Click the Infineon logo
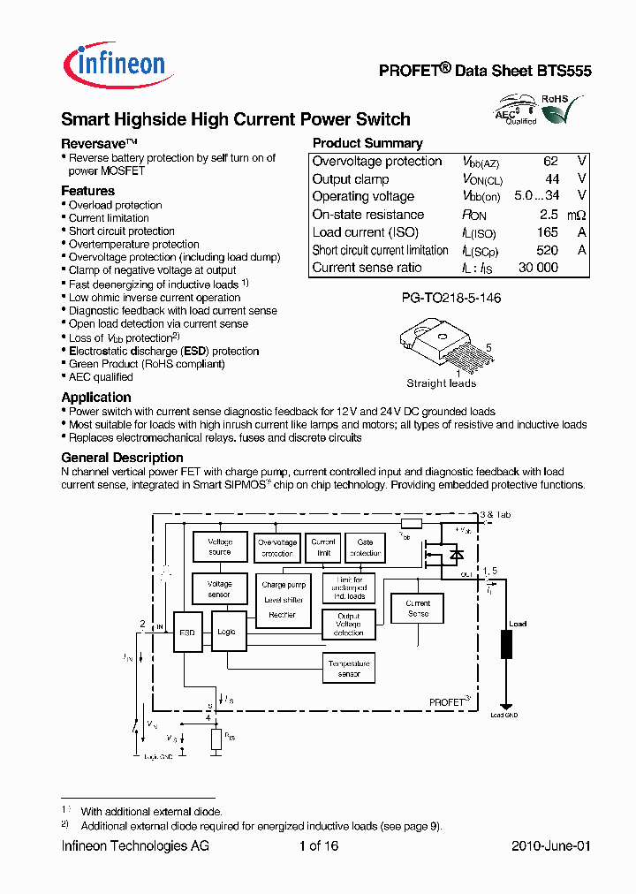tap(113, 64)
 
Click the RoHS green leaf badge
tap(556, 110)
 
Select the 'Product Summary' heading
tap(367, 143)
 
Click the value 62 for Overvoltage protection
tap(550, 162)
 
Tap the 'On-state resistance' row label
tap(367, 215)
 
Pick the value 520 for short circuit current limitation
tap(547, 250)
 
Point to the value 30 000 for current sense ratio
tap(537, 268)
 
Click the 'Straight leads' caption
tap(441, 383)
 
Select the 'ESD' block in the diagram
tap(187, 632)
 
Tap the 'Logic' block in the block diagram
tap(227, 632)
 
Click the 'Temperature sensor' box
tap(349, 668)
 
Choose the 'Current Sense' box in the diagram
tap(418, 608)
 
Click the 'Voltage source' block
tap(220, 547)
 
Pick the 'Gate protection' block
tap(365, 547)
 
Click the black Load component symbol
tap(506, 644)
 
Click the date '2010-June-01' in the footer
tap(550, 846)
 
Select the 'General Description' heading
tap(122, 458)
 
